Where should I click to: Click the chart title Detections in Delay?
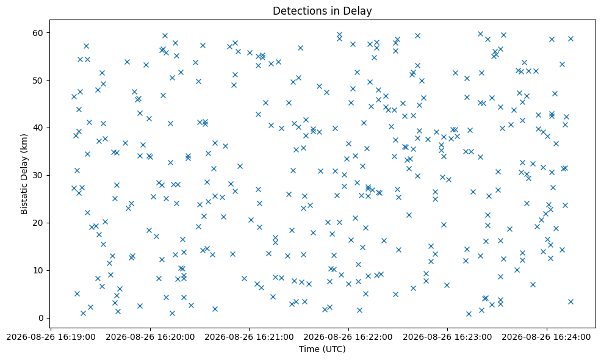(322, 11)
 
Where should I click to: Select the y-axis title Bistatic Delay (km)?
(24, 174)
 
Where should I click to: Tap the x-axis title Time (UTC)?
(322, 349)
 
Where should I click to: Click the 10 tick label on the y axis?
(40, 271)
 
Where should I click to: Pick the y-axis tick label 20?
(40, 223)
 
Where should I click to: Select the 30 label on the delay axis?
(40, 176)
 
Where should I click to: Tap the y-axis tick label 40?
(40, 128)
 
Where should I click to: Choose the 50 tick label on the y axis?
(40, 80)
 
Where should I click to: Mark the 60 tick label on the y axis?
(40, 32)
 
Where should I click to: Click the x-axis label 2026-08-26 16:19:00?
(51, 337)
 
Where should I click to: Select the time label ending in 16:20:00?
(150, 337)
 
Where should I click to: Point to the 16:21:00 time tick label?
(249, 337)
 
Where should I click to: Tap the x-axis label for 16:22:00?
(348, 337)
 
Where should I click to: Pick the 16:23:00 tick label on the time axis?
(447, 337)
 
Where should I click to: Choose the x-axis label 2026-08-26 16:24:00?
(547, 337)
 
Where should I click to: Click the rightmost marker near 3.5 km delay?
(570, 301)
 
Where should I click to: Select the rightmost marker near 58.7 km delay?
(570, 38)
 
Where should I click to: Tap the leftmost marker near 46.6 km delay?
(74, 96)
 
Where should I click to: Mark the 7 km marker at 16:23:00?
(447, 285)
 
